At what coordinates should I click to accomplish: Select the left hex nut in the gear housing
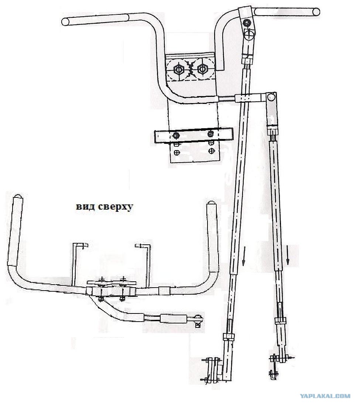179,69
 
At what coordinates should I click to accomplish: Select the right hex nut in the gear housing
202,69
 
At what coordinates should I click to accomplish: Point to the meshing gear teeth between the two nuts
191,69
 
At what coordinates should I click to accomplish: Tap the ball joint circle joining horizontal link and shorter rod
271,97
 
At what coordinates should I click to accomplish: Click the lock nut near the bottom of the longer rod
229,337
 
